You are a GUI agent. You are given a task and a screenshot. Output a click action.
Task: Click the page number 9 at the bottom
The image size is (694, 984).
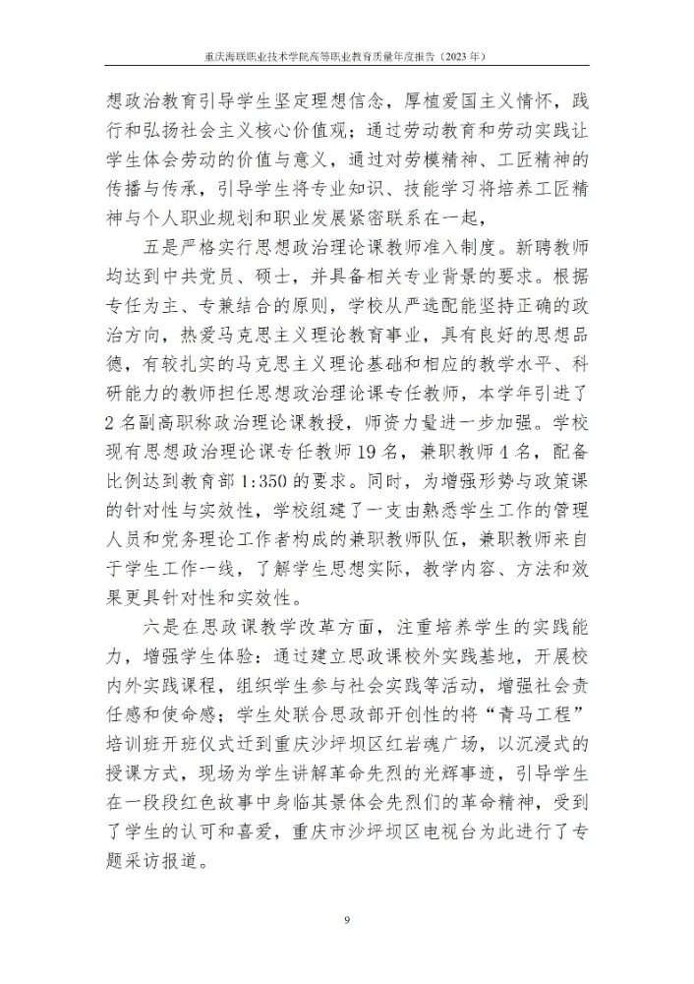pos(347,920)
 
